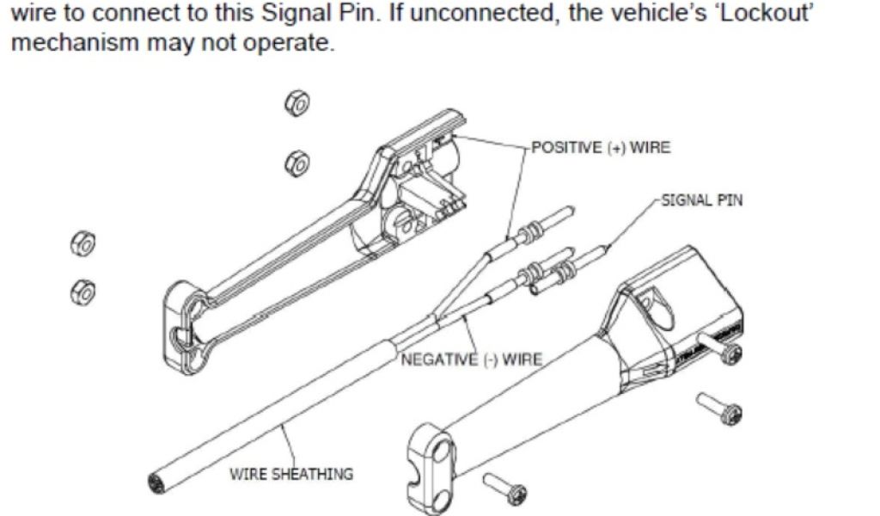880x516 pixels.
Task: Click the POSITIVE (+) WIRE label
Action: tap(601, 148)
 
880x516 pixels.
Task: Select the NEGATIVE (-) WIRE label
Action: tap(471, 359)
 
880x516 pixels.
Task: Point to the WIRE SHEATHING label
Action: tap(290, 474)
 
